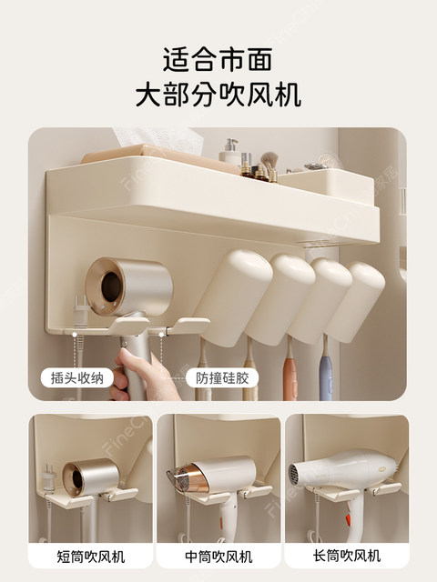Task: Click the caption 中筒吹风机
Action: tap(218, 556)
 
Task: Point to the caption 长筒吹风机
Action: tap(347, 556)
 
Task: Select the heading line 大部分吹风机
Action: tap(218, 95)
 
